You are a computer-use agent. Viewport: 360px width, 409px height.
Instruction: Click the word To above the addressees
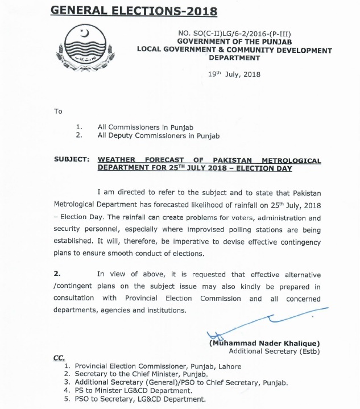[x=58, y=111]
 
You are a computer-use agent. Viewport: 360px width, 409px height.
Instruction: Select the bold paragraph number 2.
[x=57, y=276]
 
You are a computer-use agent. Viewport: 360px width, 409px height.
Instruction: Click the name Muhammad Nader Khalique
[x=264, y=344]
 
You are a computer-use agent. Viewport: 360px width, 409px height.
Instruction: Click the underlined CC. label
[x=59, y=358]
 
